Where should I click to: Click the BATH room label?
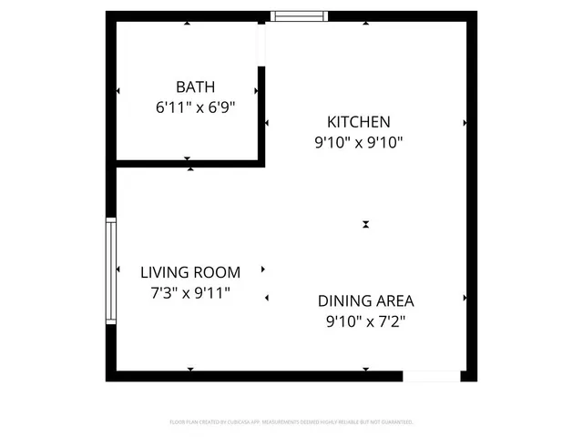click(x=196, y=87)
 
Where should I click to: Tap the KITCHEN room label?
click(x=359, y=121)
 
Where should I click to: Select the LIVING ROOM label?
click(x=190, y=272)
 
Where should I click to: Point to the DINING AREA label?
click(x=365, y=300)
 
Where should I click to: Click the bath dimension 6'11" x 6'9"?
click(x=196, y=107)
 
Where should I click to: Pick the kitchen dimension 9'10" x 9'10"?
click(x=359, y=141)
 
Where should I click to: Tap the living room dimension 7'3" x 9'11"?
click(x=190, y=292)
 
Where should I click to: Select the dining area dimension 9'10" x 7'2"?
click(x=365, y=320)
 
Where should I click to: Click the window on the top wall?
click(x=300, y=15)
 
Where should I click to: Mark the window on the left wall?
click(x=111, y=270)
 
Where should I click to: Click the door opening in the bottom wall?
click(x=432, y=375)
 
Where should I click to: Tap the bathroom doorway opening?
click(x=261, y=43)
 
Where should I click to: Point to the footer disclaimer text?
click(x=291, y=422)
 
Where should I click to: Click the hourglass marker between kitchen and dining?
click(x=365, y=224)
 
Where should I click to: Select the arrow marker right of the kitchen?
click(x=465, y=122)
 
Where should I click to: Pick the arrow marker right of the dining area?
click(x=465, y=298)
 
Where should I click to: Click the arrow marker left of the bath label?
click(x=118, y=91)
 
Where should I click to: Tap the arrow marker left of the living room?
click(x=118, y=269)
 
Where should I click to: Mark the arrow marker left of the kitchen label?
click(x=267, y=122)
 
